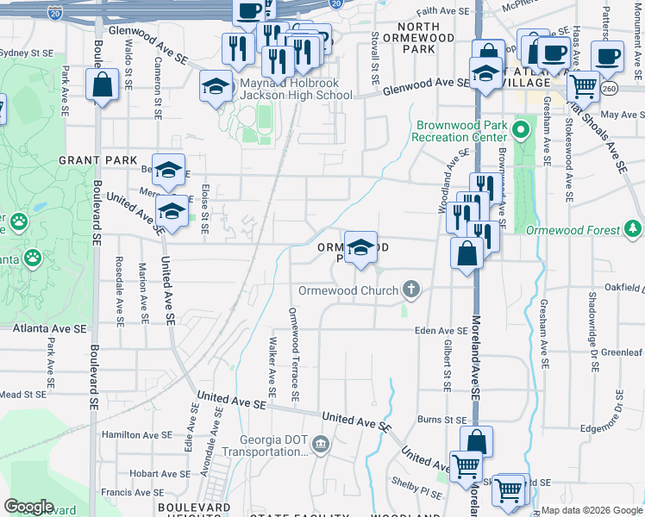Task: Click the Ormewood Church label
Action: (348, 290)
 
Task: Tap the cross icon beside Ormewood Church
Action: (411, 290)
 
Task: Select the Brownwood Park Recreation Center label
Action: (460, 131)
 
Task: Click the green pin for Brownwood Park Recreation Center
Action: (520, 131)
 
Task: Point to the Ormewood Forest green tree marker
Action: (634, 229)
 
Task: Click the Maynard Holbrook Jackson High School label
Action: (296, 89)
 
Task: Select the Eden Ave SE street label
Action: (441, 331)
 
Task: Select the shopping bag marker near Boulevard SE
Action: (103, 85)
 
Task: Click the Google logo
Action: (28, 506)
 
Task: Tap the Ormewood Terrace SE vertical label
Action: (294, 355)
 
